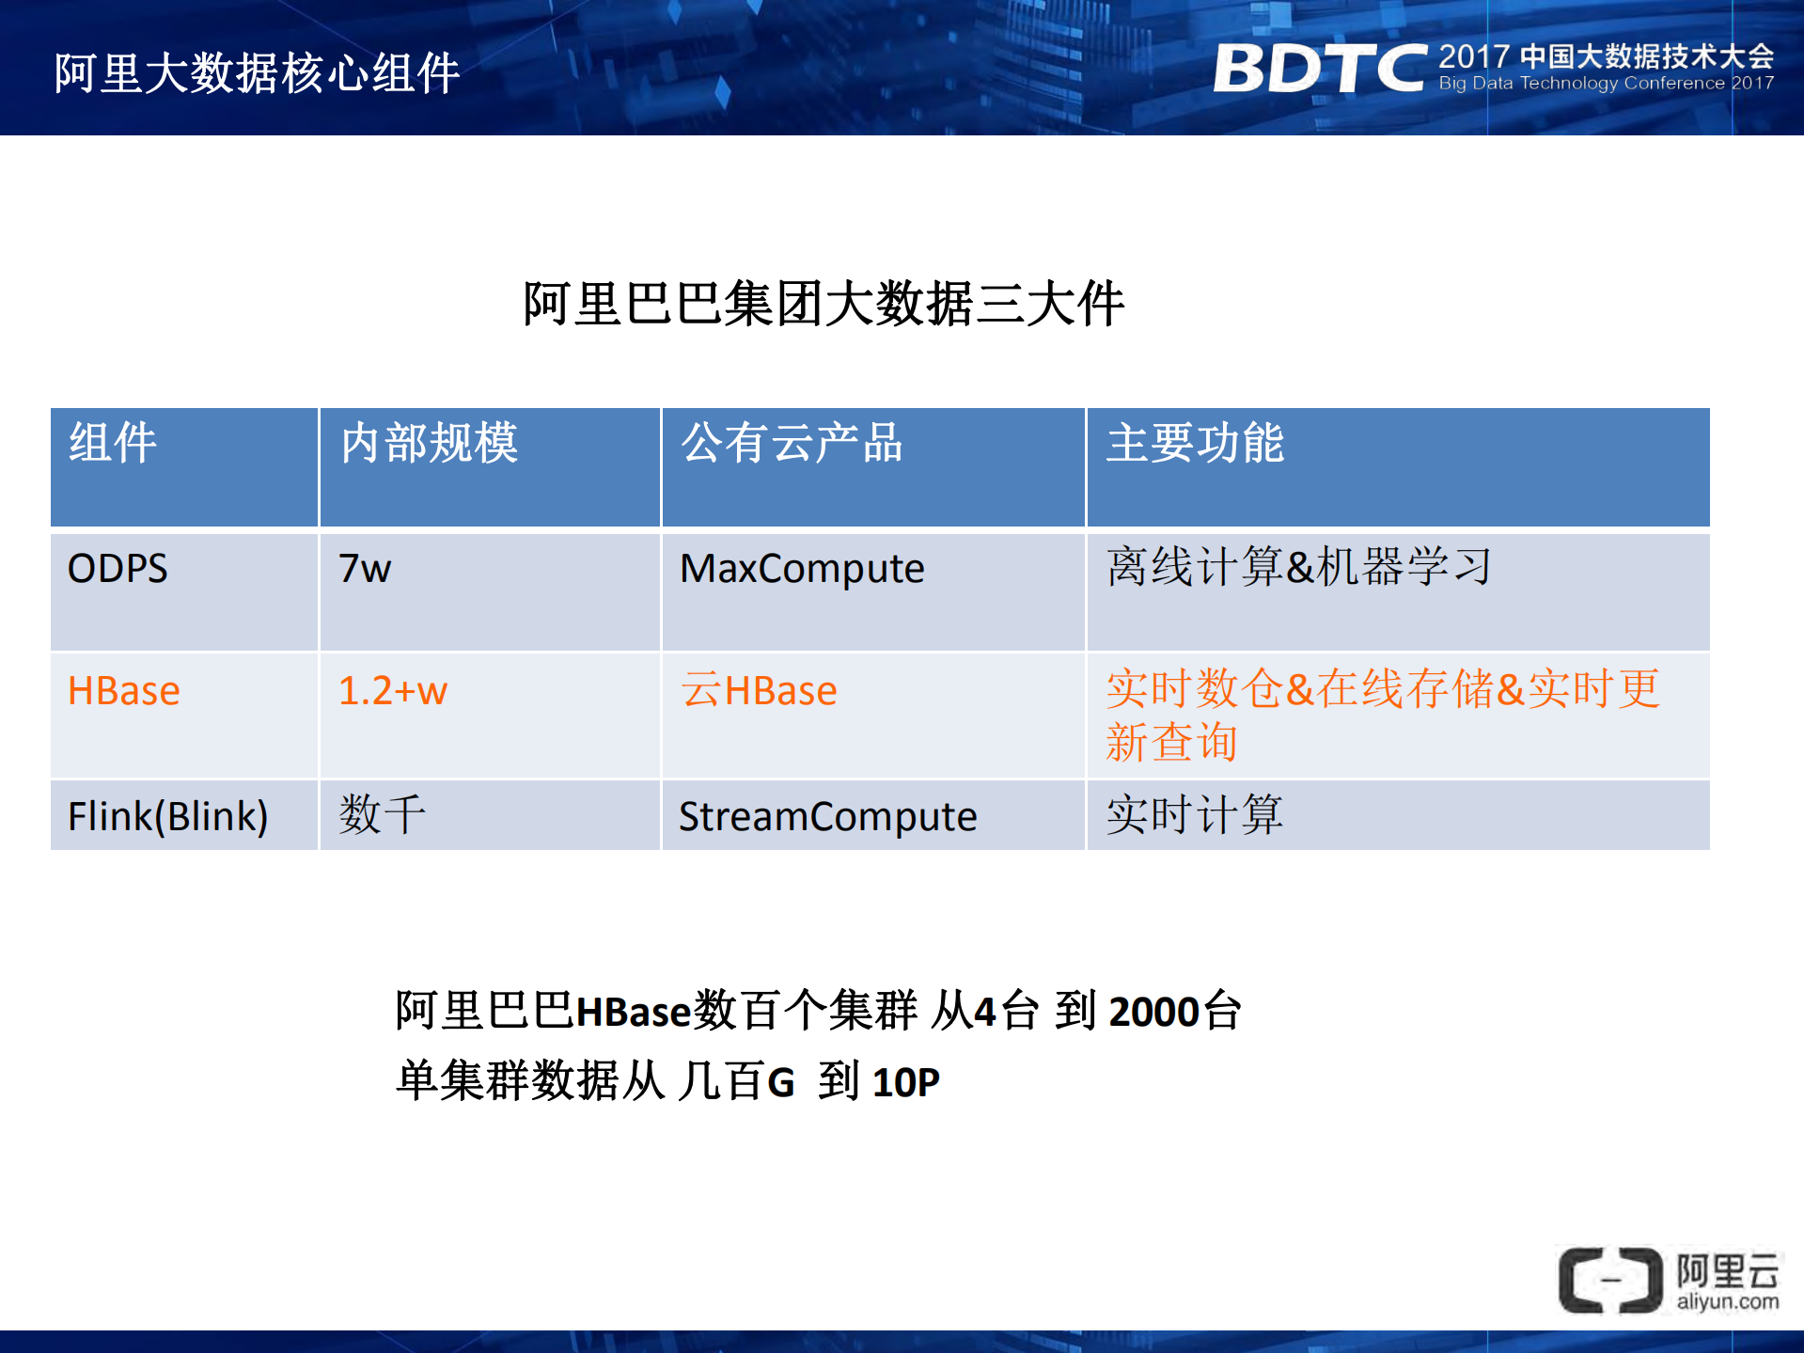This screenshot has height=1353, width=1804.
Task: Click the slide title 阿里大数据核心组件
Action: (x=257, y=73)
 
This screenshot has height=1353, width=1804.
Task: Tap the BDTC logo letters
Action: (x=1320, y=69)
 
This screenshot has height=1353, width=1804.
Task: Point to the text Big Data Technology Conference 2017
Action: (x=1606, y=84)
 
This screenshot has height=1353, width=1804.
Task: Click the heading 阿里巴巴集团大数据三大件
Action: (x=824, y=304)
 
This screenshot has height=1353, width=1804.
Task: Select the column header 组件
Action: (x=113, y=443)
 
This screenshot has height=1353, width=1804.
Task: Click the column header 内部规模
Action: (x=429, y=443)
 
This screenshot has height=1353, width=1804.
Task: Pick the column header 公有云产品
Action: (x=792, y=443)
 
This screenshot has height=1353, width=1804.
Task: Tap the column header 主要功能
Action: (x=1195, y=443)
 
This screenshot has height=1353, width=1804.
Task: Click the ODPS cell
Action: (x=118, y=569)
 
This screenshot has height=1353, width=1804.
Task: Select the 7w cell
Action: (x=365, y=569)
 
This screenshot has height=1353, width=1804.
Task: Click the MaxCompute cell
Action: (x=802, y=569)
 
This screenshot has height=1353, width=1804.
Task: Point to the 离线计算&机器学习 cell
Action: (x=1298, y=567)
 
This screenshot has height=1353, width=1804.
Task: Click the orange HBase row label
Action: (x=123, y=691)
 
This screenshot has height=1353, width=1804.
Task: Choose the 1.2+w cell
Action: (x=393, y=691)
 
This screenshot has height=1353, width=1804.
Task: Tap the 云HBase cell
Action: (x=759, y=691)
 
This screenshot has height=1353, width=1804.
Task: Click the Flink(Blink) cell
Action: (x=167, y=816)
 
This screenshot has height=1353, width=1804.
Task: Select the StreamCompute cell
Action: (x=827, y=816)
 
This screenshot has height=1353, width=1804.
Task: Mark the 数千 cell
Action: (x=382, y=814)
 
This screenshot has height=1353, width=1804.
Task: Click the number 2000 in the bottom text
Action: (x=1154, y=1013)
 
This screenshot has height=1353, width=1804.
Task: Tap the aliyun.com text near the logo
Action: (x=1728, y=1302)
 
